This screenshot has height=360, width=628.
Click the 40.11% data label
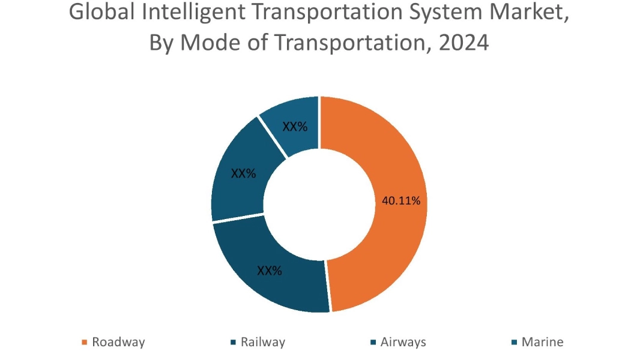(x=400, y=201)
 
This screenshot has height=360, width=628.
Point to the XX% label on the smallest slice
(x=295, y=127)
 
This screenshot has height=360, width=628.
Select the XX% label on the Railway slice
(x=270, y=271)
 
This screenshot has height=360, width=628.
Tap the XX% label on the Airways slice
(x=243, y=174)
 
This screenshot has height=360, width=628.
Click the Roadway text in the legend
(x=118, y=343)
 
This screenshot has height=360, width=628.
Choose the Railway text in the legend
(x=262, y=343)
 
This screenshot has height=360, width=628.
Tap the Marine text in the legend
(x=542, y=343)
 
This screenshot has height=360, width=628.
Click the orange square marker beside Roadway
(x=84, y=343)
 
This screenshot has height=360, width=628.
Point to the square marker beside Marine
(x=515, y=343)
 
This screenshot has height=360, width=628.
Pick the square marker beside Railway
(x=232, y=343)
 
